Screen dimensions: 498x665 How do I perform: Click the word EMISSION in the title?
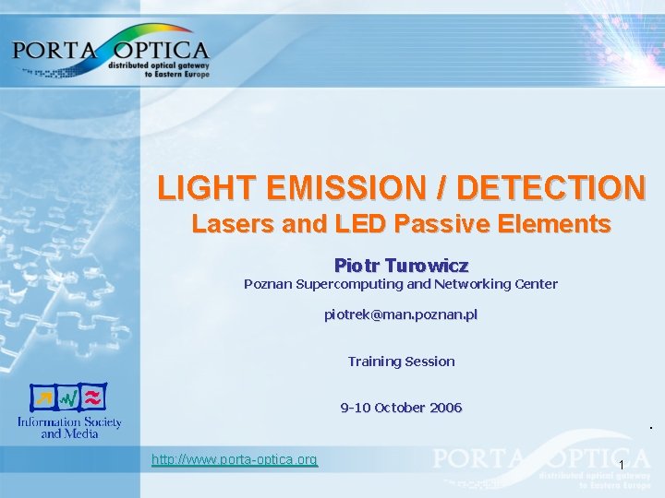pos(350,188)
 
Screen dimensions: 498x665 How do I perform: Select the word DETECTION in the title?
pos(551,188)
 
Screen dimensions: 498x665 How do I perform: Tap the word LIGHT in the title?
pos(207,188)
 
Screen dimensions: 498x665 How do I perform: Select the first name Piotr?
pos(354,265)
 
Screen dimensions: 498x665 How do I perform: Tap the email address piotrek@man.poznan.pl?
pos(401,314)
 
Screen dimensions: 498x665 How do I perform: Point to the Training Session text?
pos(401,362)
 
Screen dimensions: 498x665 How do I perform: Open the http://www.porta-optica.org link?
pos(235,459)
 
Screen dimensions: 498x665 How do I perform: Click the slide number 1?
pos(623,464)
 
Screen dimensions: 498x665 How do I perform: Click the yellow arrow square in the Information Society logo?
pos(42,398)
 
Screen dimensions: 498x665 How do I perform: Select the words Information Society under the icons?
pos(69,422)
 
